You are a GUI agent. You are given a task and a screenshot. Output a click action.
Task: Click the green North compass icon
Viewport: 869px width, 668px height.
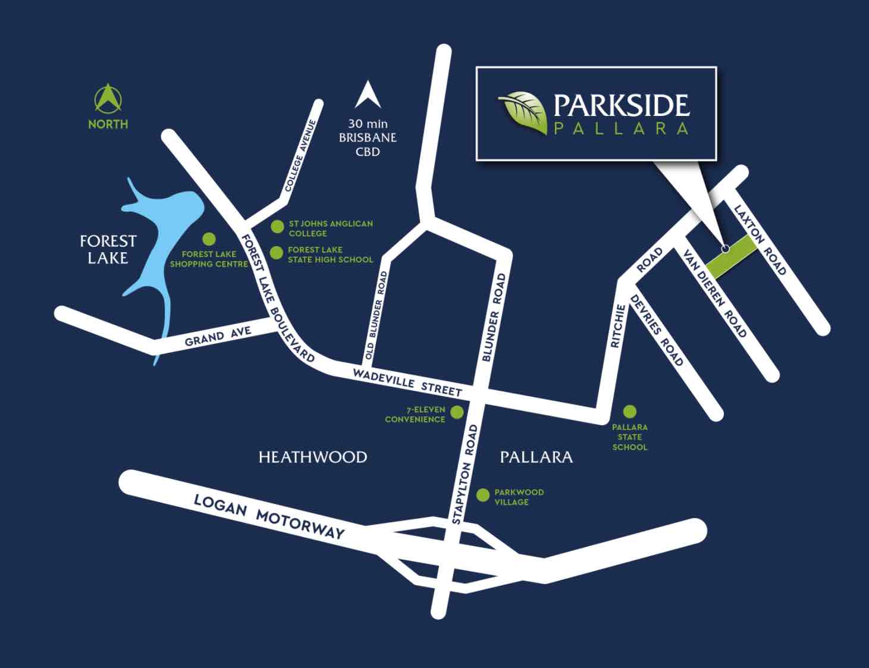coord(108,99)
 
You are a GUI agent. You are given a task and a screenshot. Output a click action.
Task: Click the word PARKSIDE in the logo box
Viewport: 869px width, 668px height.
coord(621,105)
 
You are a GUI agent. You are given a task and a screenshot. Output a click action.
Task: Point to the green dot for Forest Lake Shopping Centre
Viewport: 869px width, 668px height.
coord(209,239)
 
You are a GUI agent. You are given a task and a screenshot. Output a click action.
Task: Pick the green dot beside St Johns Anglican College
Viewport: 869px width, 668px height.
coord(277,227)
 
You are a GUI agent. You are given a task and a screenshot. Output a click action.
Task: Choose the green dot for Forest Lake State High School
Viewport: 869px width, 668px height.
coord(277,253)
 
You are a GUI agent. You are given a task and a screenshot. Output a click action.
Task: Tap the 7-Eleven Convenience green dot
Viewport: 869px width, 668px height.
coord(457,412)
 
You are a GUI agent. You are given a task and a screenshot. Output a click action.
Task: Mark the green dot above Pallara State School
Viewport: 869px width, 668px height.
coord(630,411)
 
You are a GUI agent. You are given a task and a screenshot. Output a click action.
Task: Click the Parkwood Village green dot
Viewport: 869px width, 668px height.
coord(483,494)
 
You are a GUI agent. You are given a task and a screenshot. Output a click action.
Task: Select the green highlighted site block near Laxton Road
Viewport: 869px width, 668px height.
coord(731,256)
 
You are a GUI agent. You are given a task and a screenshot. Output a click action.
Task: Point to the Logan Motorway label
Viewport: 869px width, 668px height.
coord(269,516)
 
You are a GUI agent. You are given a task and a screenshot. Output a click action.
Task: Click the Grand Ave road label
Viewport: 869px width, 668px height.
coord(218,336)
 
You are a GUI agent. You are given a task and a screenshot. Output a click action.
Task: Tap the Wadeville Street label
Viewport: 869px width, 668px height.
coord(407,382)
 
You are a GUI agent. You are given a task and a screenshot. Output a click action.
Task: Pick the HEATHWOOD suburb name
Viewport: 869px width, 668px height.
coord(313,457)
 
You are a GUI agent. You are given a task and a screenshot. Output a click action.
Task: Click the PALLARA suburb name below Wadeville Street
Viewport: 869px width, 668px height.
coord(536,457)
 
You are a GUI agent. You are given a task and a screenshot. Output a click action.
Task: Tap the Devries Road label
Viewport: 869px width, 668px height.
coord(657,330)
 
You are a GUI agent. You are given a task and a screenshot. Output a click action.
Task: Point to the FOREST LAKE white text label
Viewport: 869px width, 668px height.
coord(108,249)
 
